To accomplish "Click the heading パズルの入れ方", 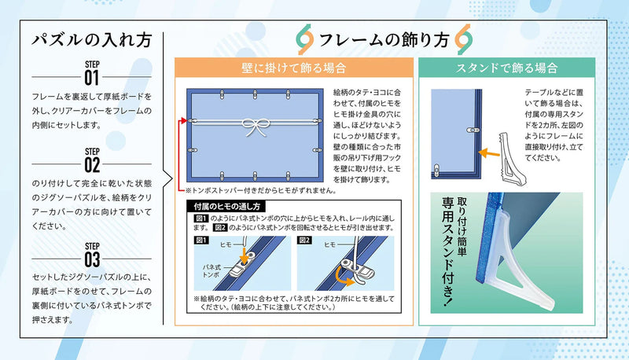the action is tap(92, 41).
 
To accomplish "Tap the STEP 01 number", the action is tap(92, 78).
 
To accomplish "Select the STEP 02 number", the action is tap(92, 165).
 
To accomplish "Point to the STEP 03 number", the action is tap(92, 259).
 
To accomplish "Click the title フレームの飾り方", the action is tap(384, 39).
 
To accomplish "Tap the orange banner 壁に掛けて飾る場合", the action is tap(293, 68).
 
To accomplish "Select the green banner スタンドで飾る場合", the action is tap(506, 68).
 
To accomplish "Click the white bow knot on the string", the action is tap(256, 126).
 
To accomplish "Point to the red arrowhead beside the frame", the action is tap(184, 120).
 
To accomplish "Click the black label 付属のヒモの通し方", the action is tap(226, 207).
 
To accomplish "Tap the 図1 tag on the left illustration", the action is tap(201, 241).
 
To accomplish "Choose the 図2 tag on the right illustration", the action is tap(304, 241).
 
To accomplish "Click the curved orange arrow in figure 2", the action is tap(344, 277).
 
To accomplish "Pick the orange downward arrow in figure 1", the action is tap(244, 255).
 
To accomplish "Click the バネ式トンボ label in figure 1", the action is tap(211, 271).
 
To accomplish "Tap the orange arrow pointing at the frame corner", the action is tap(489, 152).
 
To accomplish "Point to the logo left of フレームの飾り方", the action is tap(305, 39).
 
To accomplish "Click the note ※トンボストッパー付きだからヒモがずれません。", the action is tap(261, 191).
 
